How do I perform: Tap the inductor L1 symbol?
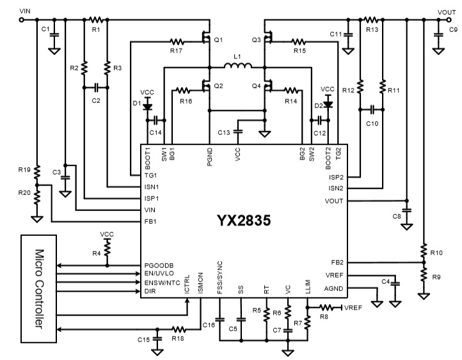(x=237, y=65)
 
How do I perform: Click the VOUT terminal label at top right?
(x=447, y=12)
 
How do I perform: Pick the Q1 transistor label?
(x=218, y=40)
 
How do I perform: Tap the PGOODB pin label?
(x=160, y=265)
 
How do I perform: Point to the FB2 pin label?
(x=337, y=262)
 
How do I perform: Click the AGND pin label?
(x=334, y=288)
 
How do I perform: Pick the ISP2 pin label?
(x=336, y=177)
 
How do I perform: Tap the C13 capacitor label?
(x=223, y=132)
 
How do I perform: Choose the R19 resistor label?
(x=24, y=171)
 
